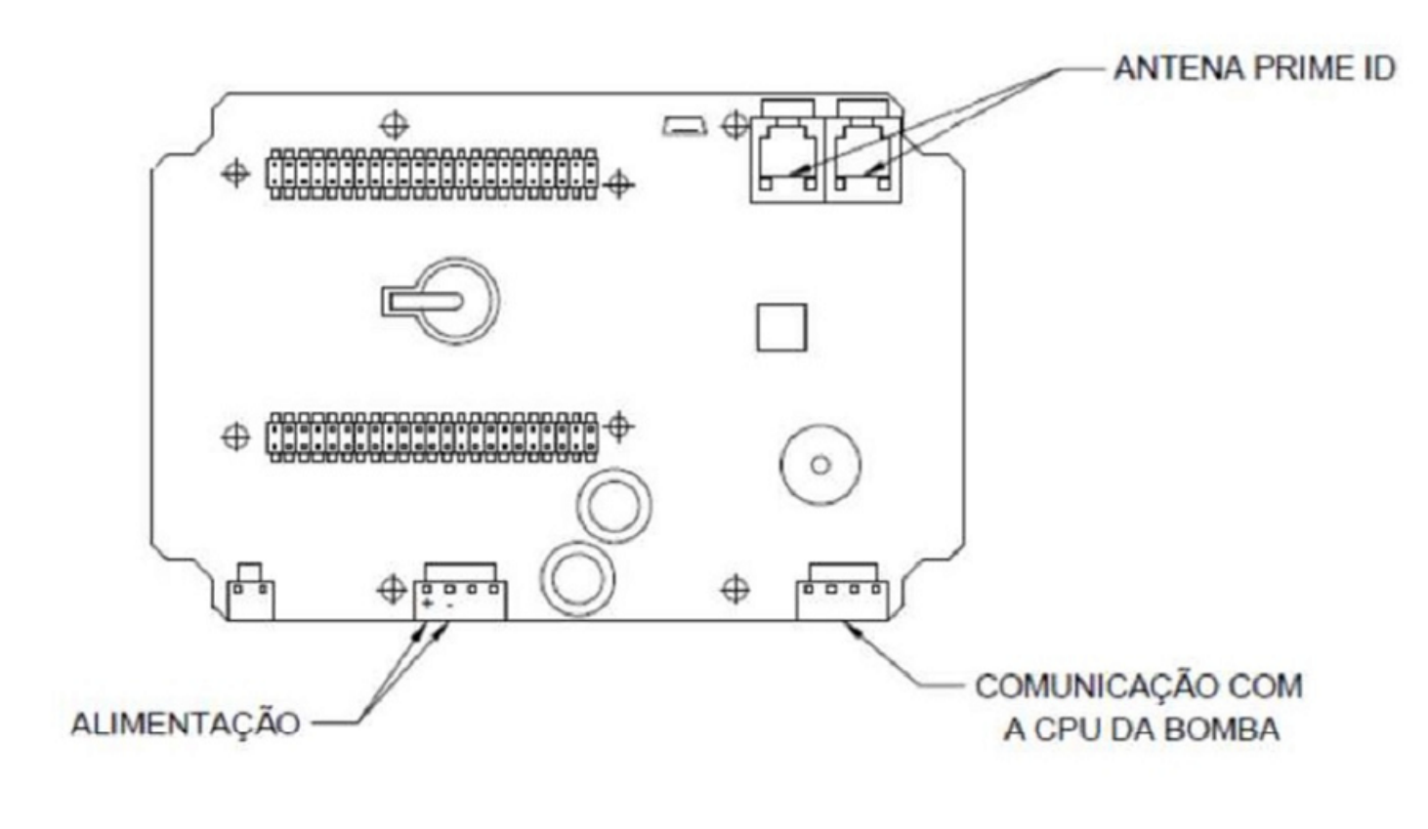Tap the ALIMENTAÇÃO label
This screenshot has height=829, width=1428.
click(x=186, y=724)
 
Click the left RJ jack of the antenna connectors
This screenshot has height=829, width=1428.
click(x=788, y=151)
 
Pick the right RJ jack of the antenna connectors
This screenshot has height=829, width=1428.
click(x=863, y=151)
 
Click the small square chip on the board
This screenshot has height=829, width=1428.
click(x=781, y=327)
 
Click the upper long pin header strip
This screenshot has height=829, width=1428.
click(x=433, y=174)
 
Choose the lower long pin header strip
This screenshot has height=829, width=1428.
click(x=433, y=437)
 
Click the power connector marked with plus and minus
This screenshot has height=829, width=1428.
click(x=460, y=592)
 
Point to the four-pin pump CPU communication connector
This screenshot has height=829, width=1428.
click(x=842, y=592)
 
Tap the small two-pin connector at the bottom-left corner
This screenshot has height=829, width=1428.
click(x=251, y=592)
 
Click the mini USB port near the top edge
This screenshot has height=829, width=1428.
click(x=685, y=126)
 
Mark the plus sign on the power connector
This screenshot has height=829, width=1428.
click(x=427, y=603)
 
